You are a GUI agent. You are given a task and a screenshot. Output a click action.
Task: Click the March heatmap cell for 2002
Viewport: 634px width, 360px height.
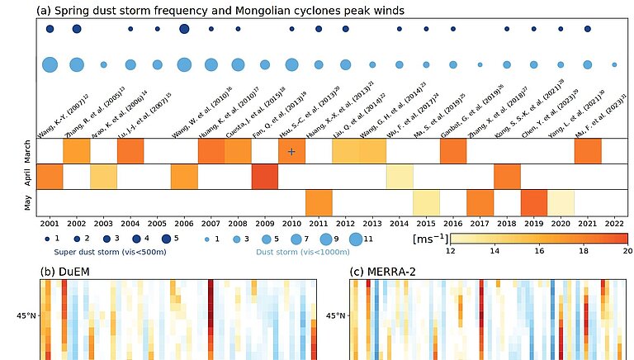(x=77, y=151)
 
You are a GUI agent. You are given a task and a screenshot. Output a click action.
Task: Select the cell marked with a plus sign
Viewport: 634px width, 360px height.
(x=291, y=151)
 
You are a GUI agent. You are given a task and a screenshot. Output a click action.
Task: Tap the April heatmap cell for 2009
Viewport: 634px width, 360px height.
(x=264, y=177)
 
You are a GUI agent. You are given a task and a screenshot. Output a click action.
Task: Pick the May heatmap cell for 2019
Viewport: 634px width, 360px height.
(x=534, y=202)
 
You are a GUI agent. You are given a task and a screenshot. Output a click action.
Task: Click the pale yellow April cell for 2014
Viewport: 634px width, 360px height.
(x=400, y=177)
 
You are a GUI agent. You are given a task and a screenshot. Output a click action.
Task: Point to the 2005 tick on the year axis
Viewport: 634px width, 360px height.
(x=157, y=223)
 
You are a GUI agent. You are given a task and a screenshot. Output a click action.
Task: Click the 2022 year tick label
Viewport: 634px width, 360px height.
(x=614, y=223)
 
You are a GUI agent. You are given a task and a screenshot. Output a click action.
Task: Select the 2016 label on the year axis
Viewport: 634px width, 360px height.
(x=453, y=223)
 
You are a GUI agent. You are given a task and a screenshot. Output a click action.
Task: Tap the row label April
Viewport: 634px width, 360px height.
(x=26, y=177)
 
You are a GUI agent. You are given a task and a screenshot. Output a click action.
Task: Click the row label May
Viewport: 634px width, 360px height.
(x=26, y=202)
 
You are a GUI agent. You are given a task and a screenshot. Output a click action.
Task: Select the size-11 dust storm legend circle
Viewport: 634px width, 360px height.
(x=356, y=239)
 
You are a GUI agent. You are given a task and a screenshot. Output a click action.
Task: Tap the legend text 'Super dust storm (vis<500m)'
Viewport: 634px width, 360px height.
(x=106, y=253)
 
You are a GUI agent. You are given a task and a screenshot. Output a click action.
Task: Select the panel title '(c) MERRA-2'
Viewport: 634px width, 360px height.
(x=389, y=272)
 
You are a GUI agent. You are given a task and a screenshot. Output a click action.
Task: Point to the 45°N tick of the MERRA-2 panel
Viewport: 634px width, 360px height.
(x=335, y=315)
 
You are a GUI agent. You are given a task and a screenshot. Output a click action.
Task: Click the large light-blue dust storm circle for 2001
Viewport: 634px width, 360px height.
(x=50, y=64)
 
